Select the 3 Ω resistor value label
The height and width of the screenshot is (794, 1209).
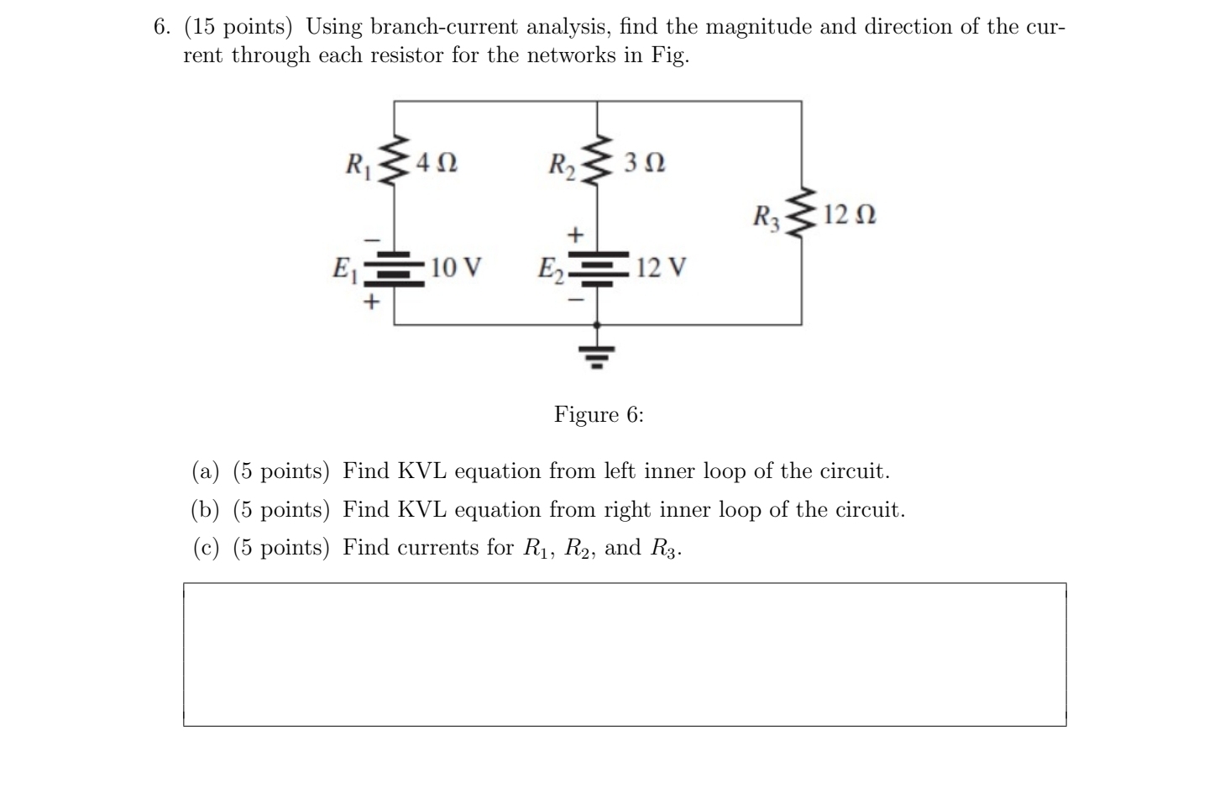(645, 161)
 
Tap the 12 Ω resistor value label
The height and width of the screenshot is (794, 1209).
(850, 215)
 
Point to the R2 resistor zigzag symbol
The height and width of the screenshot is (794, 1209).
(597, 161)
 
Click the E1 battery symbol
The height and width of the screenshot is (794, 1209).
(395, 268)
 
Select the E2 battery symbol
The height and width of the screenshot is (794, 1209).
(597, 268)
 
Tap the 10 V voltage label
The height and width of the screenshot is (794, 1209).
(456, 268)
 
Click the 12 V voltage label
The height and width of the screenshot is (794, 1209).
(661, 268)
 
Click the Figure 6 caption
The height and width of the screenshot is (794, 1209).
(599, 414)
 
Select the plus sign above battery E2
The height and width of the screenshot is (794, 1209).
(575, 234)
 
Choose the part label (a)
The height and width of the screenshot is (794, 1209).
(206, 471)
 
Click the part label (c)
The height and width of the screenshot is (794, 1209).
(206, 548)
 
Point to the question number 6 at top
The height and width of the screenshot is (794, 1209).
(161, 27)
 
